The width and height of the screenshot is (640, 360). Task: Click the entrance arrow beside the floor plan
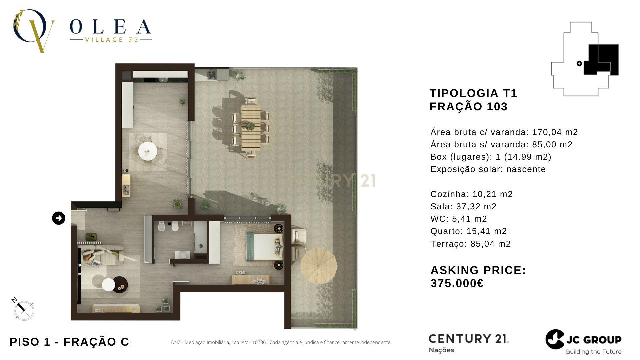click(59, 218)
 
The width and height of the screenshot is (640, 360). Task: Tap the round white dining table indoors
click(148, 151)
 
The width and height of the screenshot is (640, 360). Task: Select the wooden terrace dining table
click(251, 128)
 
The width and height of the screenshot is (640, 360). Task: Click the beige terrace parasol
click(319, 266)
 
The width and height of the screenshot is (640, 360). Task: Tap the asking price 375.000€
click(457, 283)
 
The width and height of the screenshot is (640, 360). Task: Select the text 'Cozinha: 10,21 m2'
click(471, 194)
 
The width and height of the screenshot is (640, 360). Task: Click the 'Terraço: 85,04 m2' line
click(470, 244)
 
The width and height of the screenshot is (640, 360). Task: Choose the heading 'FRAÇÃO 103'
click(468, 107)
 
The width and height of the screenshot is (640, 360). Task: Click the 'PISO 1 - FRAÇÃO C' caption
click(69, 342)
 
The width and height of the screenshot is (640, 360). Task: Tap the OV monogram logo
click(33, 31)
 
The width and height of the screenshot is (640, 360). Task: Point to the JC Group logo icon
click(555, 339)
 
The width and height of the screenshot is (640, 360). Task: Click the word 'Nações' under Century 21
click(441, 350)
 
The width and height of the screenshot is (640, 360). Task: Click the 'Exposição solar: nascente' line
click(488, 169)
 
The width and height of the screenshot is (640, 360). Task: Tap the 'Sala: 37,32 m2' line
click(463, 206)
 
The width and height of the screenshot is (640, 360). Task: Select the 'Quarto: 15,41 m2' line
click(468, 231)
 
